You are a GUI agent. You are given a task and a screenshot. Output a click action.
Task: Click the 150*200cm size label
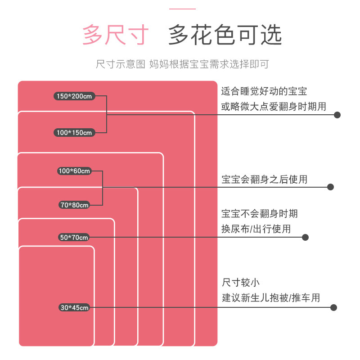click(x=75, y=96)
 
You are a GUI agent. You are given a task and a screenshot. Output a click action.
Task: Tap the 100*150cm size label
click(x=75, y=132)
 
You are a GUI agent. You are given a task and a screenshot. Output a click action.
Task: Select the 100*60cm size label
click(x=74, y=171)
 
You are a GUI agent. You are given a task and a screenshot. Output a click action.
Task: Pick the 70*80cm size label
click(x=74, y=205)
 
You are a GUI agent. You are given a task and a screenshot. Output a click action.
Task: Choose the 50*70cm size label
click(x=74, y=237)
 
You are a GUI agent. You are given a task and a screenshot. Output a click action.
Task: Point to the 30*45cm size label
click(x=74, y=307)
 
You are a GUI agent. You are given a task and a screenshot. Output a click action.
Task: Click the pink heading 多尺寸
click(x=115, y=36)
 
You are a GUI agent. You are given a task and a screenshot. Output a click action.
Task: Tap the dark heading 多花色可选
click(x=225, y=36)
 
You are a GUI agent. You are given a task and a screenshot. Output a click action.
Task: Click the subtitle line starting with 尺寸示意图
click(x=182, y=64)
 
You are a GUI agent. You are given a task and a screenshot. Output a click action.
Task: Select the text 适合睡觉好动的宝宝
click(x=264, y=91)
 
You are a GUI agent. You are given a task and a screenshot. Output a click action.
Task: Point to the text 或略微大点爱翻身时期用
click(x=274, y=106)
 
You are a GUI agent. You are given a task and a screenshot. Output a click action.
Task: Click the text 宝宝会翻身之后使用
click(x=264, y=179)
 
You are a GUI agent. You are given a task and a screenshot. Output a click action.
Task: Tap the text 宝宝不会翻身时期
click(x=260, y=213)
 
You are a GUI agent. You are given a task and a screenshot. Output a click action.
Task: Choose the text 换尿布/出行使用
click(x=256, y=229)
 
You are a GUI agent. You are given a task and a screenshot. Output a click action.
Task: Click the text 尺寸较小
click(x=241, y=283)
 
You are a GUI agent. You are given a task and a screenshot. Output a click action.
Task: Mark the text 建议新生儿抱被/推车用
click(x=270, y=297)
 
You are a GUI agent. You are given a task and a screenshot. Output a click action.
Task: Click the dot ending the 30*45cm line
click(x=334, y=308)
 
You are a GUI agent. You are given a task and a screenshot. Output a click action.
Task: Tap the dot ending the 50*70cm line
click(x=305, y=237)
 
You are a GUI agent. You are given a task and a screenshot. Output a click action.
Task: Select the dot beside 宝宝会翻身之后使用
click(x=330, y=187)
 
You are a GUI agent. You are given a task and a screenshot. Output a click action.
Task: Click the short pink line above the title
click(x=182, y=9)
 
